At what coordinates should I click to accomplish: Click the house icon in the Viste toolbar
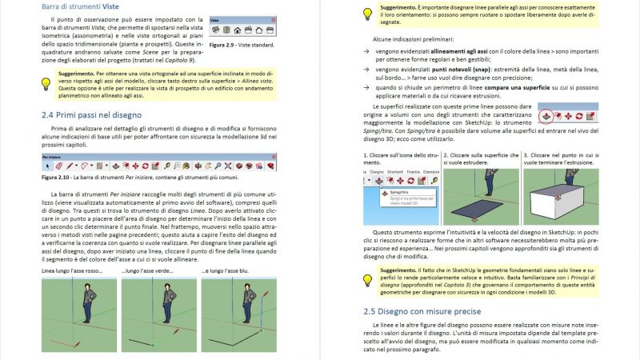pos(238,30)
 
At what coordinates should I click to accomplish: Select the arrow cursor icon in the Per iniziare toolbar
pos(47,166)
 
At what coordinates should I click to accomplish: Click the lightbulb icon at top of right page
pos(367,14)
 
